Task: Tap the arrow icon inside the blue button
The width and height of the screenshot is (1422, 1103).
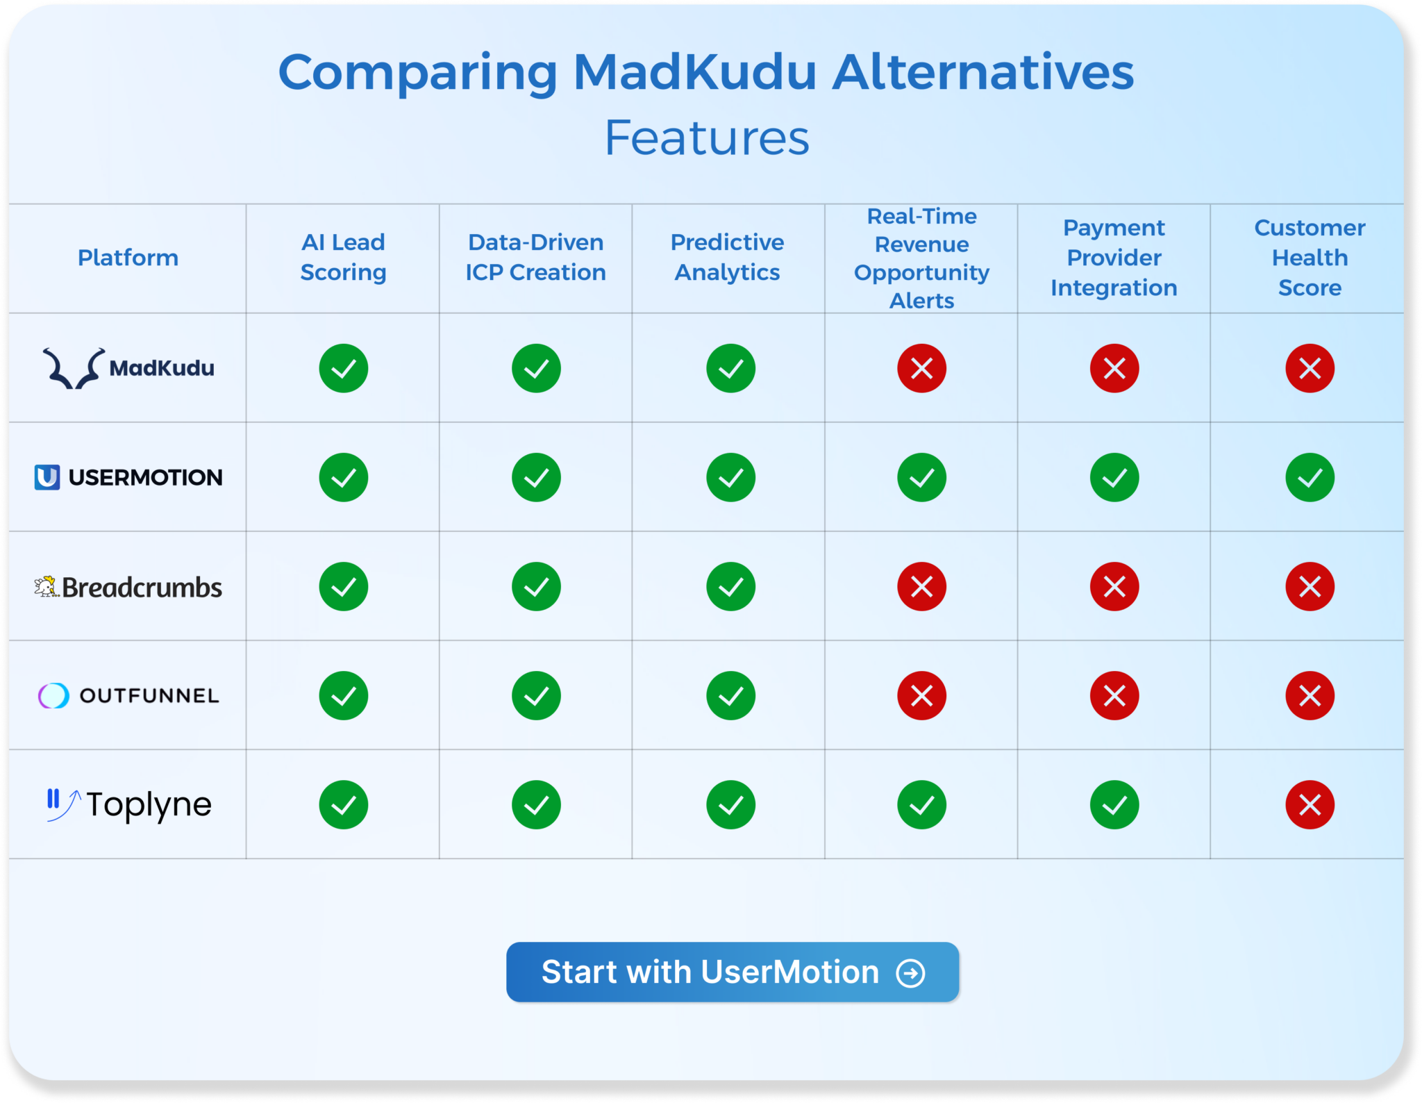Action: [910, 972]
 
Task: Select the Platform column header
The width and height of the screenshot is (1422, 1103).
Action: [128, 258]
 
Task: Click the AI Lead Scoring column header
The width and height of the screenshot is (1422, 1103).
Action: [343, 257]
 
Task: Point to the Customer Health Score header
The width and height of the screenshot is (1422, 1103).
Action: [1309, 258]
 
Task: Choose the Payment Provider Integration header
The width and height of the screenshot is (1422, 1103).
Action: [1114, 258]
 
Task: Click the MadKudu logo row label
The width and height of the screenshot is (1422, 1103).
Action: [129, 367]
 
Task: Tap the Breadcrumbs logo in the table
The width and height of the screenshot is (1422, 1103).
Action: [129, 587]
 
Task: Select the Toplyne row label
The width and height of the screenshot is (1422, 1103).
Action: [129, 804]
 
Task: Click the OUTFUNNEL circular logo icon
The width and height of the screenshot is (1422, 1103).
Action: [53, 695]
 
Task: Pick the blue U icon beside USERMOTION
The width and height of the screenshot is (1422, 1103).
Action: [47, 477]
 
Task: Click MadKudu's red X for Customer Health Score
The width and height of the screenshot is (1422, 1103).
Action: [1310, 368]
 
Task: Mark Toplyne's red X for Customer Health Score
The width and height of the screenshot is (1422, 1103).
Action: [1310, 805]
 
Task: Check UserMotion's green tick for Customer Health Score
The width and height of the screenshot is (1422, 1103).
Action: [1310, 477]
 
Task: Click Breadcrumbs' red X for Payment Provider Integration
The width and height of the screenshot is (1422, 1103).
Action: [1114, 587]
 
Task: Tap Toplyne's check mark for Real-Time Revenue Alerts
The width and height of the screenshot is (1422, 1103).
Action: [921, 805]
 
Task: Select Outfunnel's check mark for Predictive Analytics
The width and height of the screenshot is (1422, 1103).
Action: [730, 695]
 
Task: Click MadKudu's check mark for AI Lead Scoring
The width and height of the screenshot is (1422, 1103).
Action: [343, 368]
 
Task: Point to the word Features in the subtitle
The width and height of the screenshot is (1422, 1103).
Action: [707, 138]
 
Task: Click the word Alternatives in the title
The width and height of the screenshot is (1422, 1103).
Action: [982, 72]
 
